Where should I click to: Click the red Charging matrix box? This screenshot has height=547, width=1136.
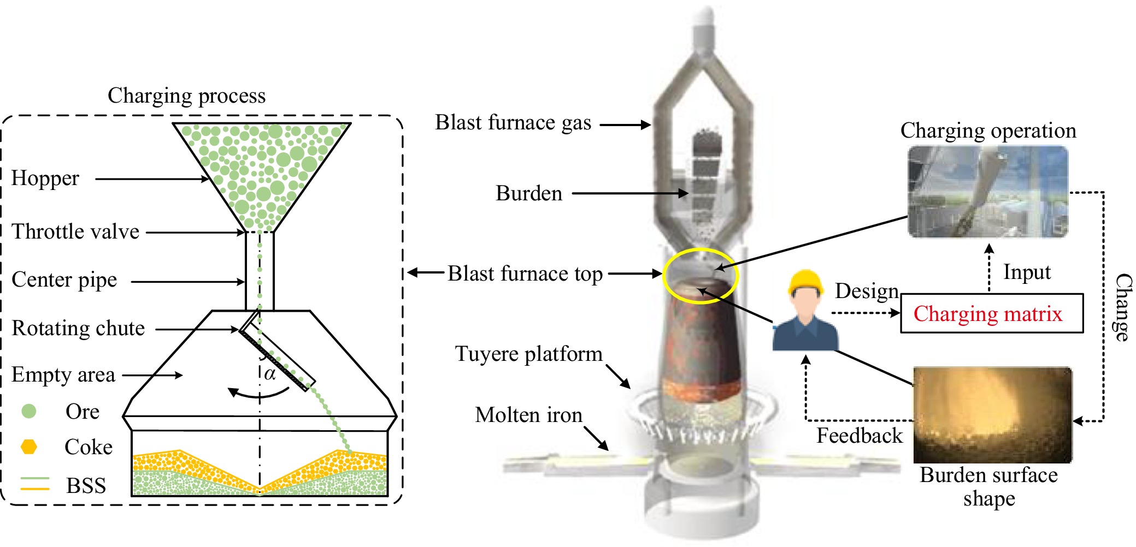point(992,313)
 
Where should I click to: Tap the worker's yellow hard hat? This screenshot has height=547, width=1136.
point(805,282)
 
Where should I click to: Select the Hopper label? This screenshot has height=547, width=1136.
point(45,179)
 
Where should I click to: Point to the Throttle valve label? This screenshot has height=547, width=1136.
point(75,231)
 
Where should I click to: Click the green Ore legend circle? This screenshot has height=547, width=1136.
point(28,411)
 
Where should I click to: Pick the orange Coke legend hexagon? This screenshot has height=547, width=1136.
point(28,447)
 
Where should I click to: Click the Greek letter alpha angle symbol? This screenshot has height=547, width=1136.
point(270,374)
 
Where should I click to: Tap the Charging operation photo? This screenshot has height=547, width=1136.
point(988,192)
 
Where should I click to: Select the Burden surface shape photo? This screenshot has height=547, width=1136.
point(993,415)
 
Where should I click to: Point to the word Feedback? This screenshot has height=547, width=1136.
point(860,436)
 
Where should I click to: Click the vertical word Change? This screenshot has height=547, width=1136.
point(1123,307)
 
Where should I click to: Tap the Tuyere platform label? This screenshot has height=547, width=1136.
point(528,354)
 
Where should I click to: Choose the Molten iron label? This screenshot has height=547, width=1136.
point(528,415)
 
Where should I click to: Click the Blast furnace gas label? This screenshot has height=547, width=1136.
point(513,123)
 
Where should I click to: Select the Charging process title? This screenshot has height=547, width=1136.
point(186,96)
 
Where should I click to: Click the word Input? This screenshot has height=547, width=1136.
point(1027,272)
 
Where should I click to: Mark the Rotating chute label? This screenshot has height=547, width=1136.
point(78,328)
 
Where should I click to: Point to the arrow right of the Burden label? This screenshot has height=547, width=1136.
point(630,193)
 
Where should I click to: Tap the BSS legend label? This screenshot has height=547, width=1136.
point(86,485)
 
